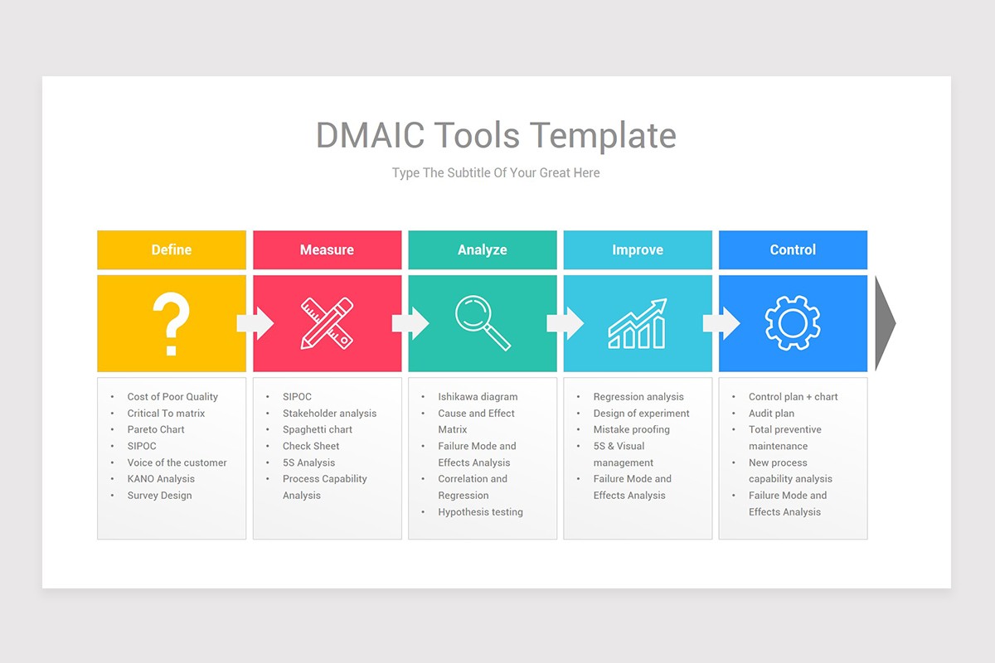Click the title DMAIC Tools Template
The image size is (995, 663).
click(x=496, y=135)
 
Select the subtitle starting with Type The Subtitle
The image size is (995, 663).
click(x=496, y=173)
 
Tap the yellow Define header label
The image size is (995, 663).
click(x=172, y=249)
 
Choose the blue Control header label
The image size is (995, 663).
click(x=793, y=249)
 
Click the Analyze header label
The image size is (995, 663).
click(x=482, y=249)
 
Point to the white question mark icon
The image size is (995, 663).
click(x=172, y=324)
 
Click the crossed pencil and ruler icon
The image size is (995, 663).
click(x=327, y=323)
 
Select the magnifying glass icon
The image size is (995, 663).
click(x=482, y=323)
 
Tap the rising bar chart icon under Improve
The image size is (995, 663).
click(x=637, y=324)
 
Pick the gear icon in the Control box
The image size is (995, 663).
click(x=792, y=323)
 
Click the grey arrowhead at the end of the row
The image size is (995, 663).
click(x=885, y=323)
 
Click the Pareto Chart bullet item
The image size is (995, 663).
click(x=156, y=429)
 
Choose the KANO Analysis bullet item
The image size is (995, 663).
click(x=161, y=479)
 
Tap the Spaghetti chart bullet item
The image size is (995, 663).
click(x=317, y=429)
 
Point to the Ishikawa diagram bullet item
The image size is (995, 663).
click(x=478, y=397)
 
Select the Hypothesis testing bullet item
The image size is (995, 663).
click(x=480, y=512)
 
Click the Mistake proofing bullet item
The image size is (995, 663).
click(x=631, y=429)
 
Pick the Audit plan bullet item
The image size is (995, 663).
click(x=771, y=414)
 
